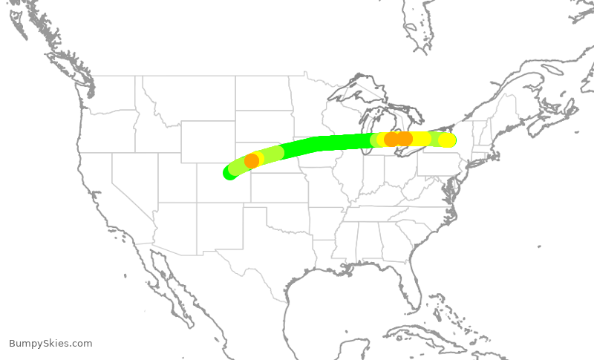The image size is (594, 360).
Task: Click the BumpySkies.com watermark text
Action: (x=50, y=344)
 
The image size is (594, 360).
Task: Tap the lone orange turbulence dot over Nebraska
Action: (x=252, y=160)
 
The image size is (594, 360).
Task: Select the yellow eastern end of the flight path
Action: (x=447, y=140)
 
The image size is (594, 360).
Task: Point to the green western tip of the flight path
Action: (x=229, y=173)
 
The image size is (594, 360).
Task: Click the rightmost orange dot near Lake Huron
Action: (x=405, y=139)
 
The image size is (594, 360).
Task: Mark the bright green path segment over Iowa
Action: (x=327, y=143)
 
